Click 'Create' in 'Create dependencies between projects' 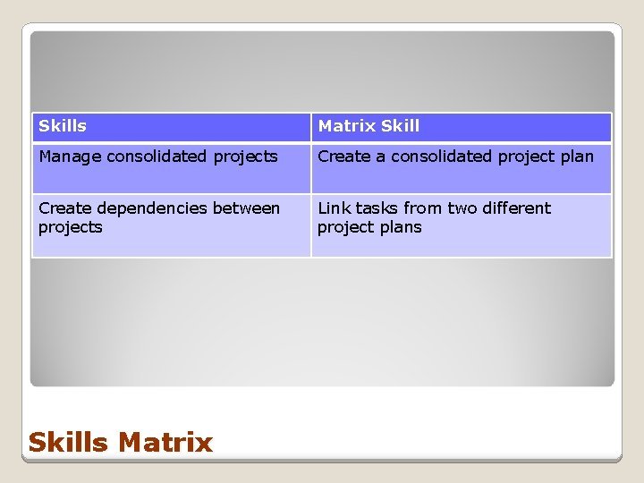64,208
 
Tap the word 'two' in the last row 462,208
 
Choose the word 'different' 517,208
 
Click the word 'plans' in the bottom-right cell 401,227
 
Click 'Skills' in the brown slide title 69,442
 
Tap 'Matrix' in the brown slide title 165,442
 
